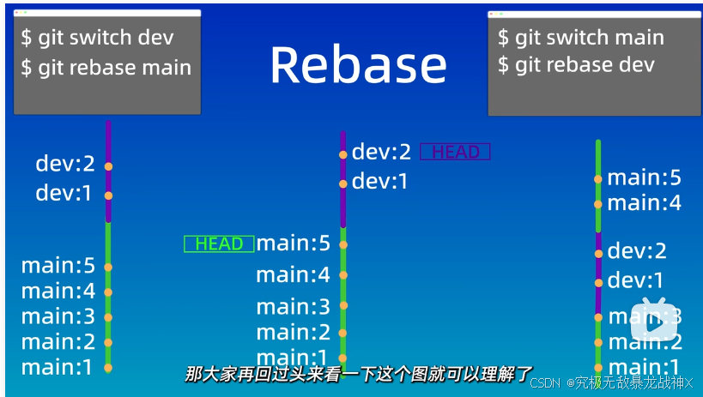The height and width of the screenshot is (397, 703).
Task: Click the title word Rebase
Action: pyautogui.click(x=358, y=65)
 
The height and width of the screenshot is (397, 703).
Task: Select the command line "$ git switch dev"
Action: pyautogui.click(x=98, y=38)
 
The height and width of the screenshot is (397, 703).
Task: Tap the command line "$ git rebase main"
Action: pyautogui.click(x=106, y=68)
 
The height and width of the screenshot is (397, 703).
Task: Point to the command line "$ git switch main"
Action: pyautogui.click(x=581, y=38)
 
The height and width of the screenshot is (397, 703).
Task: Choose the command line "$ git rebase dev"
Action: pyautogui.click(x=576, y=64)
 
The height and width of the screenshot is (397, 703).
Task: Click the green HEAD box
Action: pyautogui.click(x=219, y=244)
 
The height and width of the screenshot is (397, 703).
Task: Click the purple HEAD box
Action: pyautogui.click(x=455, y=153)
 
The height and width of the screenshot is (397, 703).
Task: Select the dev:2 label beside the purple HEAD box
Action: pyautogui.click(x=382, y=153)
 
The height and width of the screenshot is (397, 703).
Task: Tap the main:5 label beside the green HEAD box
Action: pyautogui.click(x=293, y=244)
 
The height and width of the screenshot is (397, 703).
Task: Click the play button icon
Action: pyautogui.click(x=655, y=322)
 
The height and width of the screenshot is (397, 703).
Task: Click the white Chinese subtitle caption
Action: pyautogui.click(x=359, y=373)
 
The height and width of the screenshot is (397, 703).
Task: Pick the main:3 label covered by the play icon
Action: pyautogui.click(x=644, y=317)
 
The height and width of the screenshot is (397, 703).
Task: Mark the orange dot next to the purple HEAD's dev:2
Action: pyautogui.click(x=343, y=154)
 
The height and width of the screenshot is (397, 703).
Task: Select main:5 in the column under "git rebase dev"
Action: pyautogui.click(x=644, y=178)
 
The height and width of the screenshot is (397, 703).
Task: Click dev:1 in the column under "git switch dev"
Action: pyautogui.click(x=64, y=194)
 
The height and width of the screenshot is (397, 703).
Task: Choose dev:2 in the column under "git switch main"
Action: pyautogui.click(x=636, y=251)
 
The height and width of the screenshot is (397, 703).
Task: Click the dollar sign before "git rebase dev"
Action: pyautogui.click(x=503, y=64)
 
